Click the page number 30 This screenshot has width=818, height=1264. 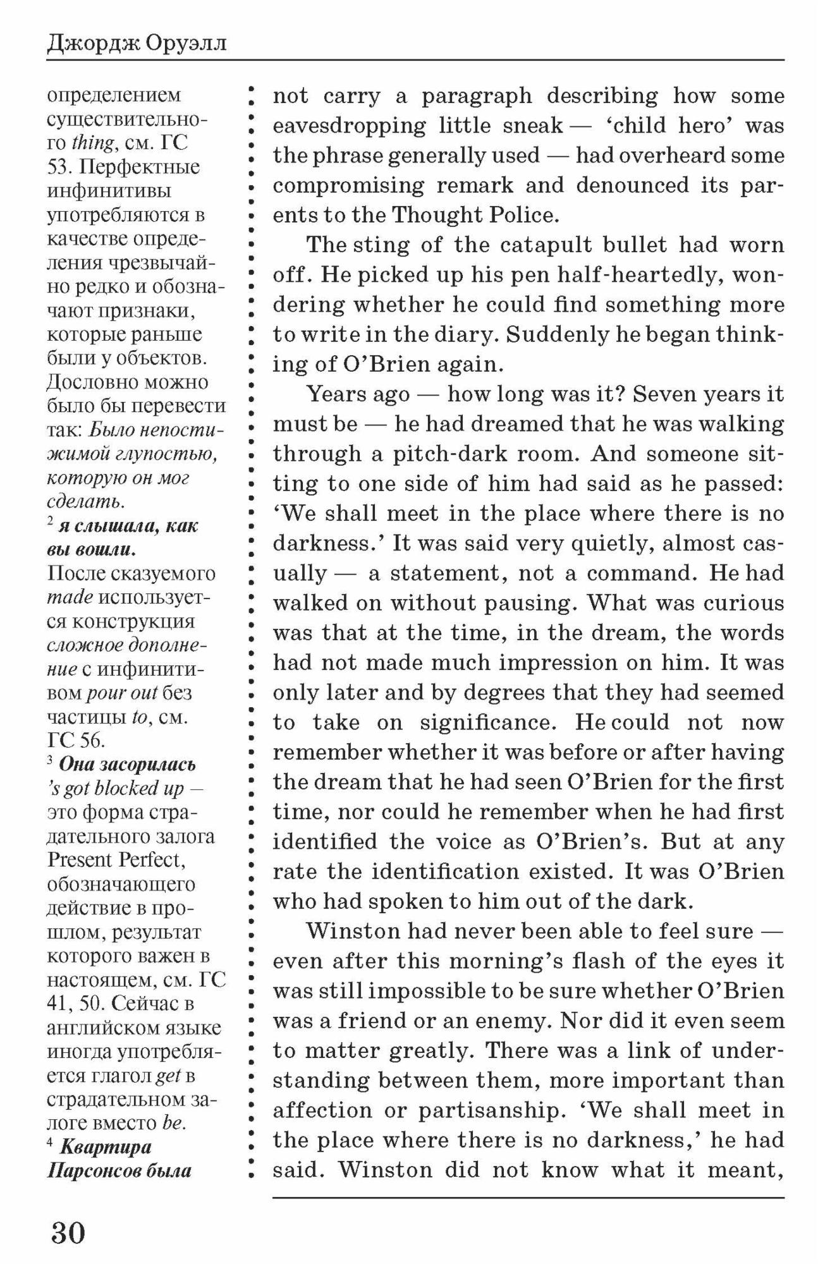point(68,1232)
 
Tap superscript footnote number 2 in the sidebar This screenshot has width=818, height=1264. point(51,523)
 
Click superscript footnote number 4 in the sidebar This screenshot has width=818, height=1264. point(51,1143)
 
